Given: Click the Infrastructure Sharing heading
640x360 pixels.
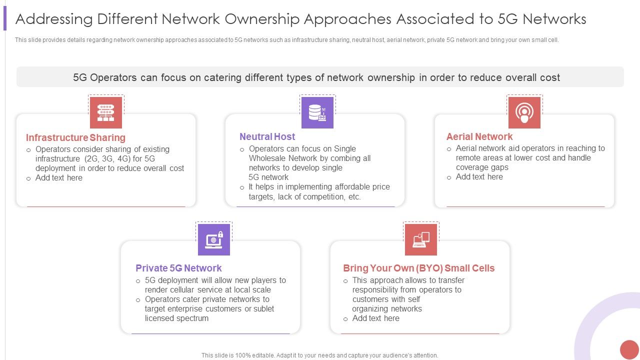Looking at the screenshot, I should (75, 137).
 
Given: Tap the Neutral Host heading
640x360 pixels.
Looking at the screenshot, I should (267, 136).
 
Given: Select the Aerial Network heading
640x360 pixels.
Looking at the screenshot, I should (479, 136).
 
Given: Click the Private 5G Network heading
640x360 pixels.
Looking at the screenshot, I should (178, 268).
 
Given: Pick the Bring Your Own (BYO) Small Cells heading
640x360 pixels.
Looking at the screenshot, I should (418, 268).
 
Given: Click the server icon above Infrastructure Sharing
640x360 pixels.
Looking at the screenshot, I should (106, 112).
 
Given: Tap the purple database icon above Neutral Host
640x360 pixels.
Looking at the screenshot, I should (317, 112).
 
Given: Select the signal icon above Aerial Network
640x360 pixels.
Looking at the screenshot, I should (524, 112).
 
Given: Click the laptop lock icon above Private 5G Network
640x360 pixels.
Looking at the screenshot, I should (214, 239).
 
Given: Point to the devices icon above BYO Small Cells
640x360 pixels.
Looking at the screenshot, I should (421, 239).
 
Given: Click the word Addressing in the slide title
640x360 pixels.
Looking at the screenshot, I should (54, 19).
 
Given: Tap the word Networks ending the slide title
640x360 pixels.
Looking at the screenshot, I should (555, 19).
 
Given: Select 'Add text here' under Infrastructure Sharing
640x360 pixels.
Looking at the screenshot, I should (59, 178).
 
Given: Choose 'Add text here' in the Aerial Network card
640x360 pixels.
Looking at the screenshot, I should (479, 177).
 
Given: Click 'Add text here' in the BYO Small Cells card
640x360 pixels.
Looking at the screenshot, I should (375, 318).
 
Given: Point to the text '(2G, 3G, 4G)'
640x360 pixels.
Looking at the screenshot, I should (107, 159).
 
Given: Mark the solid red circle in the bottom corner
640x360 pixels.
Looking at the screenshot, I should (629, 349).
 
